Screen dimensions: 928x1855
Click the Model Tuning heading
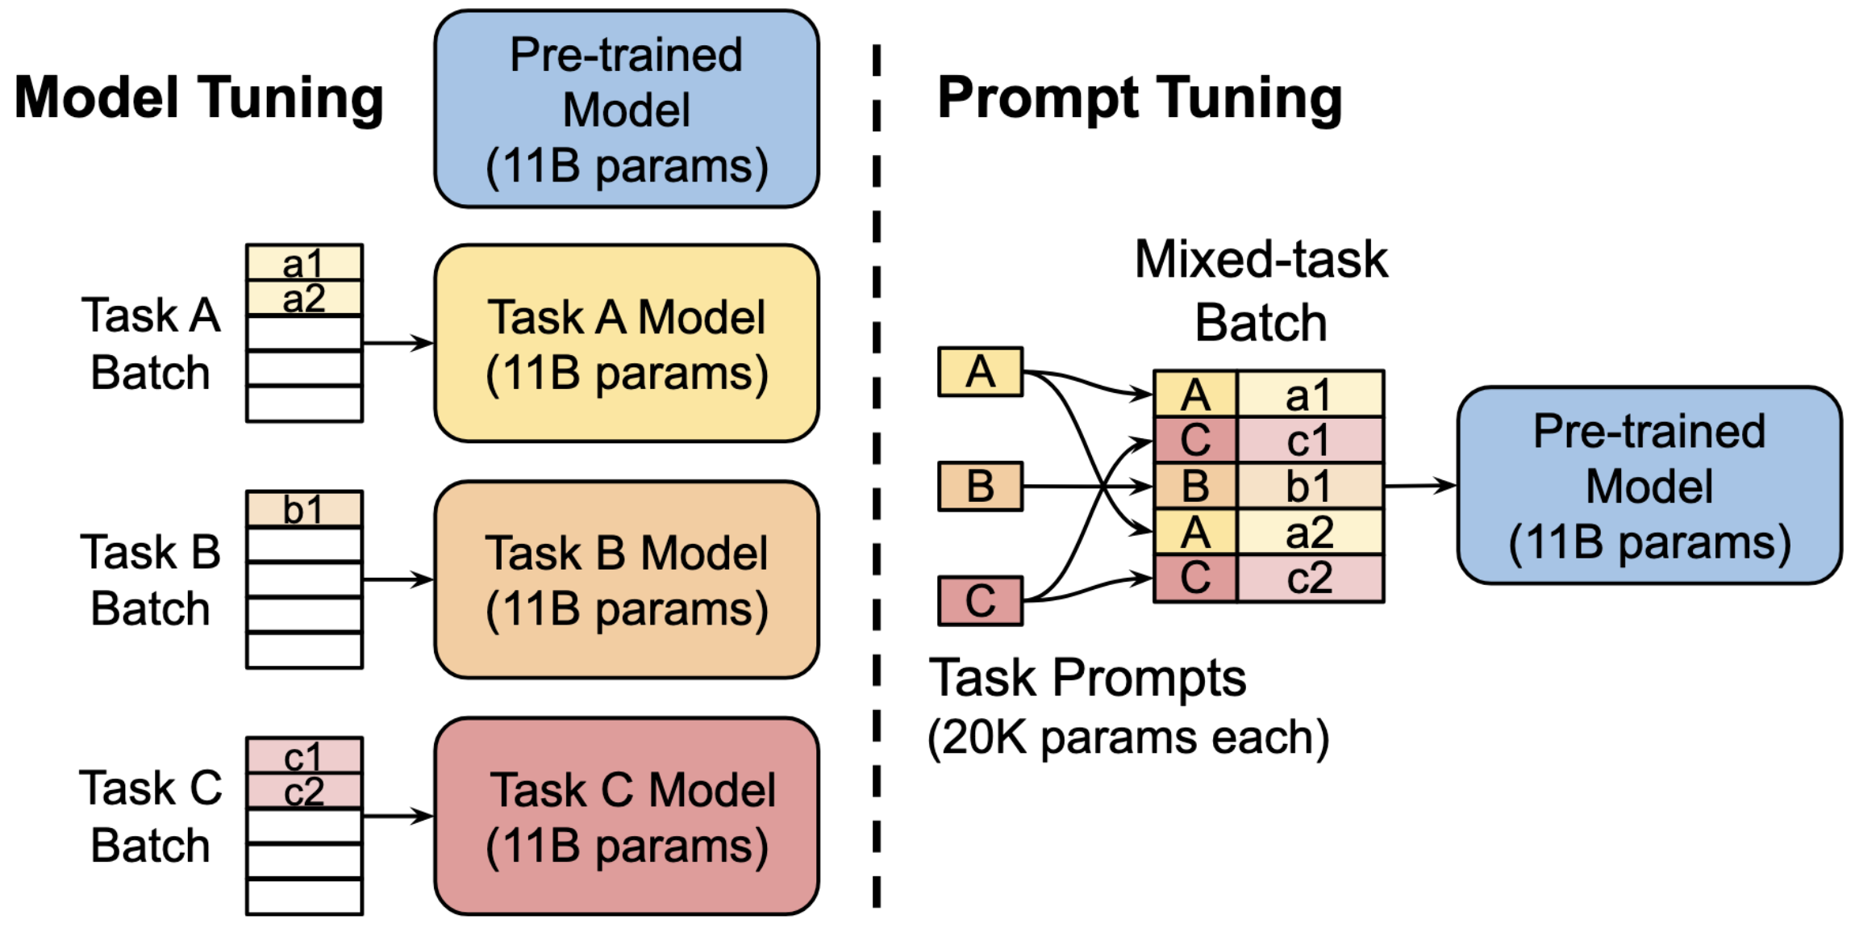[x=198, y=98]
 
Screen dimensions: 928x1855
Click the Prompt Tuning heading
[x=1139, y=98]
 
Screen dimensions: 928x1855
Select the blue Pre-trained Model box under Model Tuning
[x=627, y=110]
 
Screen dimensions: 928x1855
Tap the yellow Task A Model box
[x=627, y=344]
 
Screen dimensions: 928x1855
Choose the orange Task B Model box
[x=627, y=579]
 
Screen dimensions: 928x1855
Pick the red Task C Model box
[x=627, y=816]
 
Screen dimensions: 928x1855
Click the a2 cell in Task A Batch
[x=304, y=299]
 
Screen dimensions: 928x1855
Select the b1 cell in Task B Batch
[x=304, y=509]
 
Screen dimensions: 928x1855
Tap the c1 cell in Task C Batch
[x=304, y=756]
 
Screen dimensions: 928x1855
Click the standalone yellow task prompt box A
[x=980, y=372]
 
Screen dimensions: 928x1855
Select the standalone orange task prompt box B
[x=980, y=487]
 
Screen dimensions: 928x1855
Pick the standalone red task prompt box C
[x=980, y=600]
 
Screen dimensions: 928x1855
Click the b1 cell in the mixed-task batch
[x=1310, y=487]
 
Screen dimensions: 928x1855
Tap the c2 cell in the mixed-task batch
[x=1310, y=578]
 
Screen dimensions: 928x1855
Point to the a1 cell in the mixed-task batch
[x=1310, y=395]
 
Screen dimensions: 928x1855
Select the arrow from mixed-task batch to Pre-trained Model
[x=1419, y=486]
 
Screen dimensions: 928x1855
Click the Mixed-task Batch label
[x=1261, y=291]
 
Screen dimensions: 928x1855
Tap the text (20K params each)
[x=1128, y=738]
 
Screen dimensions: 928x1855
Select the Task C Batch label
[x=151, y=816]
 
